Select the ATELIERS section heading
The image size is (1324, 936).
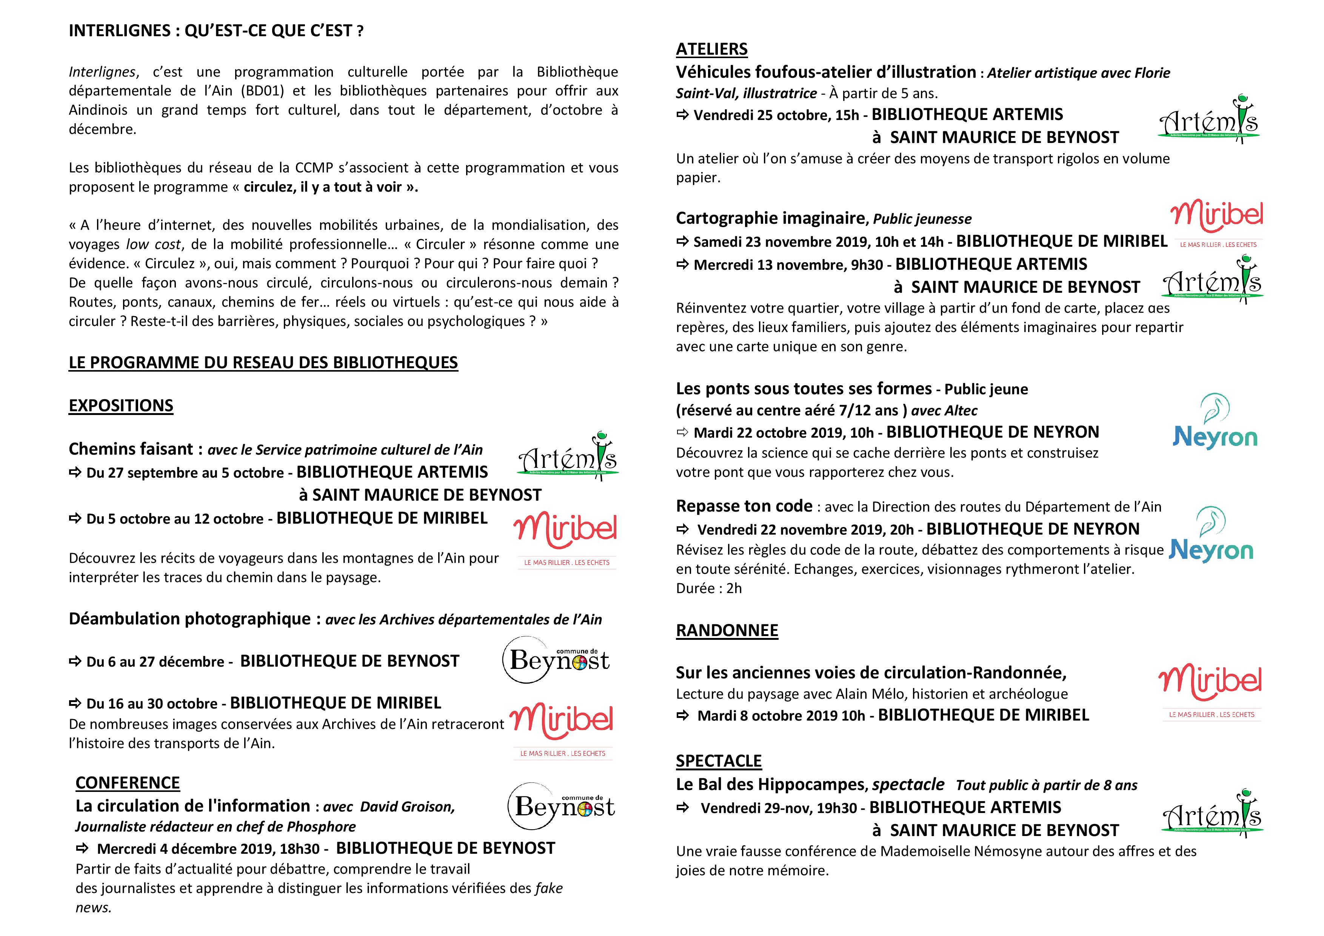point(711,49)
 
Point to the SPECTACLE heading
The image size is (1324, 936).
point(719,761)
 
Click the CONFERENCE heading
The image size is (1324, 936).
point(128,783)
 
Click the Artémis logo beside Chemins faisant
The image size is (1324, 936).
point(568,456)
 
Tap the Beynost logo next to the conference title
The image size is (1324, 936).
point(561,806)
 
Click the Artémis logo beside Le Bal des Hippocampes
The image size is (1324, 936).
point(1212,813)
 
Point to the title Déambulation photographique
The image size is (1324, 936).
point(190,619)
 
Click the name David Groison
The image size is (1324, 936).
point(407,807)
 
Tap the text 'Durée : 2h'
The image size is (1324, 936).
point(709,589)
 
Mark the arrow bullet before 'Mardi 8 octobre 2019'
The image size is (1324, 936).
point(683,716)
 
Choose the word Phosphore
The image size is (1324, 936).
point(321,827)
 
